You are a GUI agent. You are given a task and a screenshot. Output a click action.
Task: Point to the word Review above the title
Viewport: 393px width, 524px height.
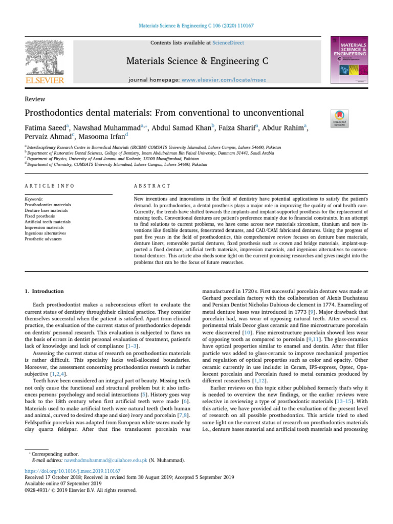click(35, 99)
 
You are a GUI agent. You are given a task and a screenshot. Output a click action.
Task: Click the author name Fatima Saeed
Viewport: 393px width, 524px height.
click(46, 126)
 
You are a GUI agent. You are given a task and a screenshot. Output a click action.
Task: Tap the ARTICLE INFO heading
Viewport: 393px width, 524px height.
click(49, 186)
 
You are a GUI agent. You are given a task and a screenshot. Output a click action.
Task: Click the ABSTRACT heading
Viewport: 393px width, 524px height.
click(148, 186)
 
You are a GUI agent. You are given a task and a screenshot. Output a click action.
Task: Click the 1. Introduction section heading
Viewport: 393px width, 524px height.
click(45, 291)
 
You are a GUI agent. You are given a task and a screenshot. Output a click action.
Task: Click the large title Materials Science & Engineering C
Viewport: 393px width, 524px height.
click(196, 62)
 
